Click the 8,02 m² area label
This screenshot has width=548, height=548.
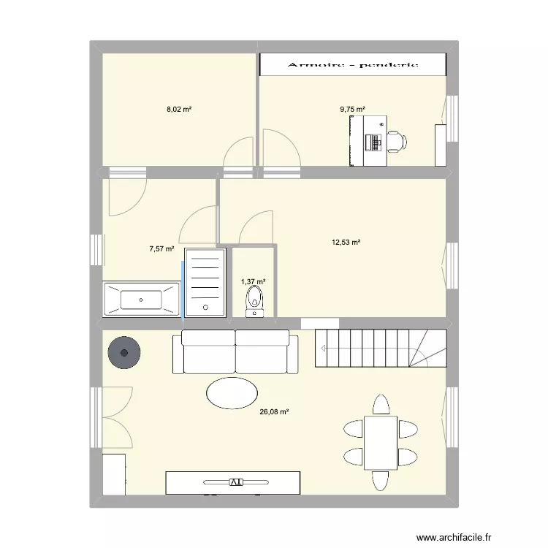[x=179, y=110]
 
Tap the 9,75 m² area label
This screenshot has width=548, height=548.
[x=352, y=110]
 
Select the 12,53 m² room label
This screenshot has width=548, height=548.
[x=347, y=243]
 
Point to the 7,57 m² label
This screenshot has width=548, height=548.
[x=162, y=248]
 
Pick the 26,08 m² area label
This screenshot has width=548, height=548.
[x=274, y=412]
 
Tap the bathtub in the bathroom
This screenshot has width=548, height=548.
[x=141, y=300]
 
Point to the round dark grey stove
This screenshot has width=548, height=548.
[x=124, y=354]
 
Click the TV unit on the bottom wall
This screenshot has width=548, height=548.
[x=232, y=482]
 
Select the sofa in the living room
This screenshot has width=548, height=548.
[x=235, y=351]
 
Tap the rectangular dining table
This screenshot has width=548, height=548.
[x=380, y=442]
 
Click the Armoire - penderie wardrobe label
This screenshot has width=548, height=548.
[x=354, y=64]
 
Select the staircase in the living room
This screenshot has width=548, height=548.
[x=380, y=348]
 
